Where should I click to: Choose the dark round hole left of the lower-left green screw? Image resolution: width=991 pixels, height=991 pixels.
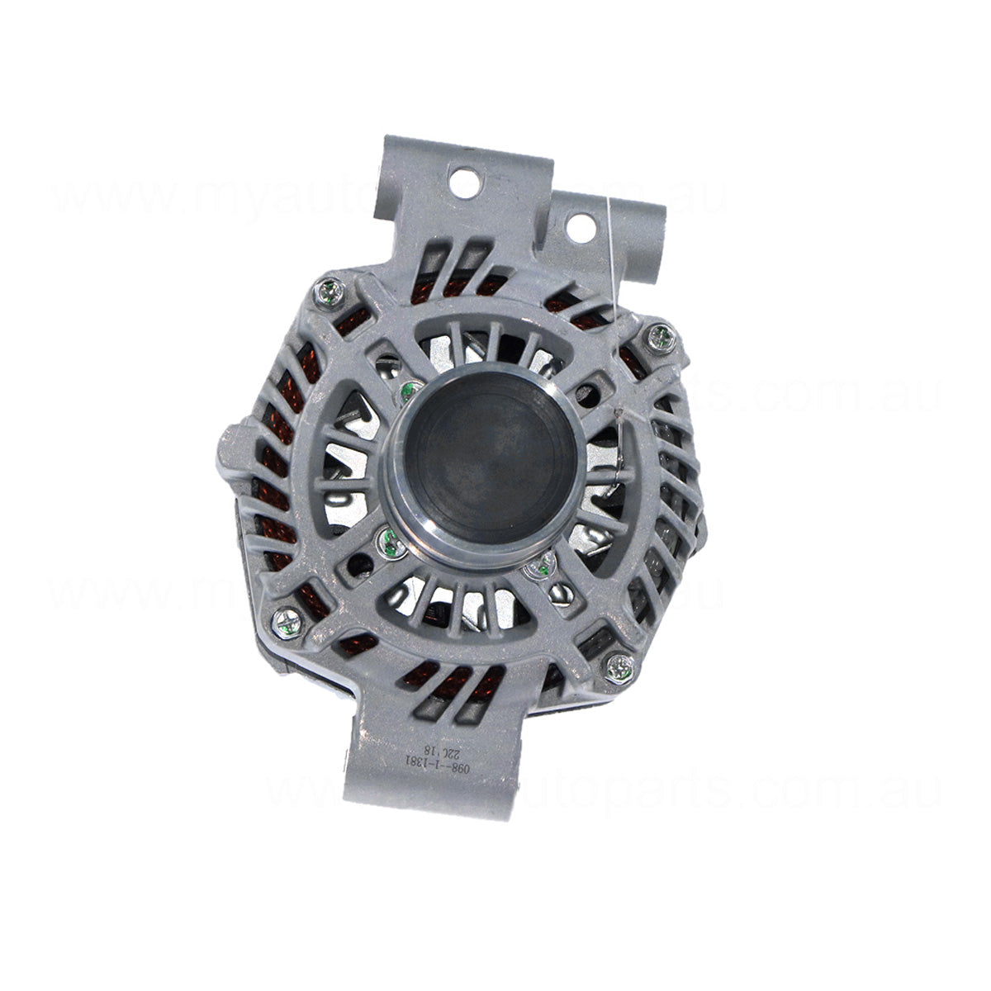(x=357, y=566)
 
